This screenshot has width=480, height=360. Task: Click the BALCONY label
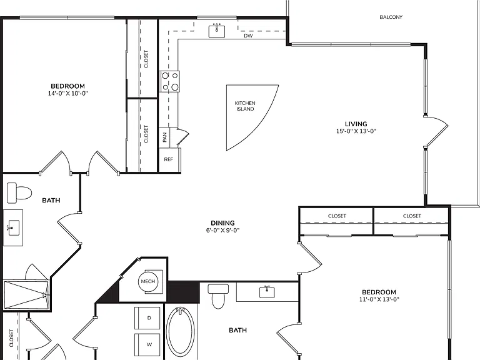(391, 17)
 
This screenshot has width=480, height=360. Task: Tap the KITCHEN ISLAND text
(245, 106)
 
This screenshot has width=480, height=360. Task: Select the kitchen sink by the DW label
(217, 31)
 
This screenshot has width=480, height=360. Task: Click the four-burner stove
(170, 81)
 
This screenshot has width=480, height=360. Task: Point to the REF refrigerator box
(169, 160)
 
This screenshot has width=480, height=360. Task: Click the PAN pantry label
(164, 137)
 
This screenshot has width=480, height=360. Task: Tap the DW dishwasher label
(248, 36)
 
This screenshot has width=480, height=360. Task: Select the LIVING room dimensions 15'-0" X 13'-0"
(356, 131)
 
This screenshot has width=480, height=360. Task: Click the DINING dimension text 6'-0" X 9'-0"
(222, 230)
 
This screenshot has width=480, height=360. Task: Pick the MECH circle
(148, 281)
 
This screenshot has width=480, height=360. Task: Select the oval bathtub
(181, 332)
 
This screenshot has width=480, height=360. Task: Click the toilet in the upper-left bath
(19, 193)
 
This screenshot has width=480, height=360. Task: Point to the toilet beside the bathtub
(218, 296)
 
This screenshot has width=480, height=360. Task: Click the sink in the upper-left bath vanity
(14, 227)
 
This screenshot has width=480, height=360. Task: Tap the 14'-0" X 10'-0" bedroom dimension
(67, 93)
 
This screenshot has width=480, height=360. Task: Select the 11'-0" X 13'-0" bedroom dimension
(379, 299)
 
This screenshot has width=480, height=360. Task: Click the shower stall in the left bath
(26, 295)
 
